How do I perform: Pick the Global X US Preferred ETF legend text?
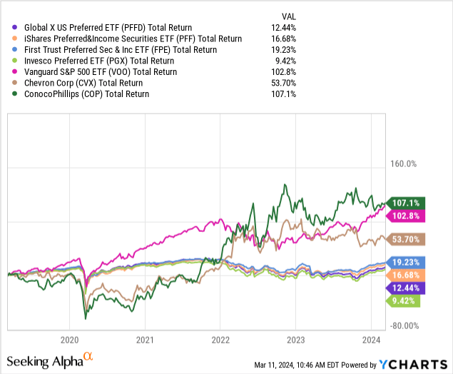[110, 28]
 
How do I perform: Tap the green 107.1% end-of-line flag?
[404, 203]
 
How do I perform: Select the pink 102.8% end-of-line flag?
[404, 216]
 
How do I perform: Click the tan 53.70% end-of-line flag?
[404, 240]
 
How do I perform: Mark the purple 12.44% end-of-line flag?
[404, 288]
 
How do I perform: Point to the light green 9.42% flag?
[404, 300]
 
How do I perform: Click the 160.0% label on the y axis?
[402, 164]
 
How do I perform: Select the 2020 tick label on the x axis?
[70, 340]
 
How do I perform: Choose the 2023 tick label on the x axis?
[295, 340]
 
